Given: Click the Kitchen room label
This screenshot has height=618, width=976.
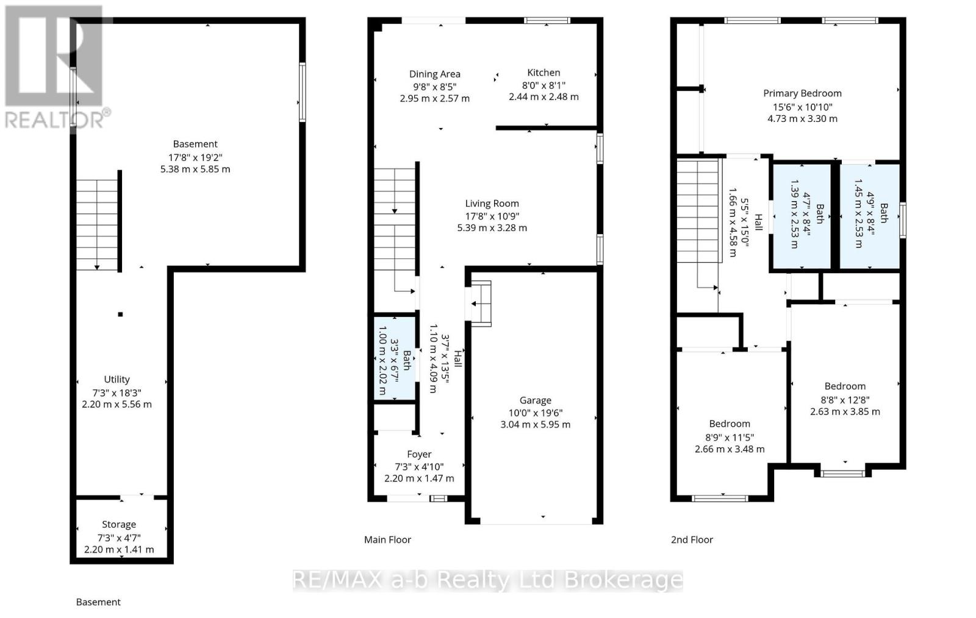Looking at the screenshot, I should (x=544, y=73).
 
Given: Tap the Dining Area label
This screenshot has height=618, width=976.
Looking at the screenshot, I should (x=434, y=74).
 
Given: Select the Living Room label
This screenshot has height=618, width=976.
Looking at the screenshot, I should (x=492, y=204).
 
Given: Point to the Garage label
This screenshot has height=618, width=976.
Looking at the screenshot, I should (x=535, y=400).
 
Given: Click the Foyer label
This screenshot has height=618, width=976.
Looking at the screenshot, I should (x=419, y=454).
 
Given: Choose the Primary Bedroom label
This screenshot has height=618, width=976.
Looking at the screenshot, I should (x=802, y=93).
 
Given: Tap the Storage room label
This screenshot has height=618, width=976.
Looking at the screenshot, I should (x=119, y=524).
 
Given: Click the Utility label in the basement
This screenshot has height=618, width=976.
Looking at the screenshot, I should (x=117, y=379).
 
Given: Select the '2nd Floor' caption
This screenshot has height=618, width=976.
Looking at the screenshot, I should (x=692, y=539).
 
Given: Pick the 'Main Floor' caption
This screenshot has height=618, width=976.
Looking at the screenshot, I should (x=387, y=539).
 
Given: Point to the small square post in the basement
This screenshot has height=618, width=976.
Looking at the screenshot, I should (x=121, y=314).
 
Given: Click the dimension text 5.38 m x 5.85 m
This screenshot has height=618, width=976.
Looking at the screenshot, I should (x=195, y=169).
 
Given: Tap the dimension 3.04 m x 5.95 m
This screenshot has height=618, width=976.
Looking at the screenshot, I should (x=535, y=424).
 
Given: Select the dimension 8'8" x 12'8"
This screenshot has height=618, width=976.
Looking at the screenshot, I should (x=845, y=400).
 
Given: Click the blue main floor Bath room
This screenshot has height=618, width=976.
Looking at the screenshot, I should (x=395, y=357).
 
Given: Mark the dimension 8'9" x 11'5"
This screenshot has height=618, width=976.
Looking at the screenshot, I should (x=730, y=437).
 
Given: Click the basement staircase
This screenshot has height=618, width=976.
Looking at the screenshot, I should (x=96, y=224).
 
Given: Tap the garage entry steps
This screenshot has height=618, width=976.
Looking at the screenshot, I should (x=481, y=304).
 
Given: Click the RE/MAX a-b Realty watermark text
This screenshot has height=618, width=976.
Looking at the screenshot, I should (x=487, y=580).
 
